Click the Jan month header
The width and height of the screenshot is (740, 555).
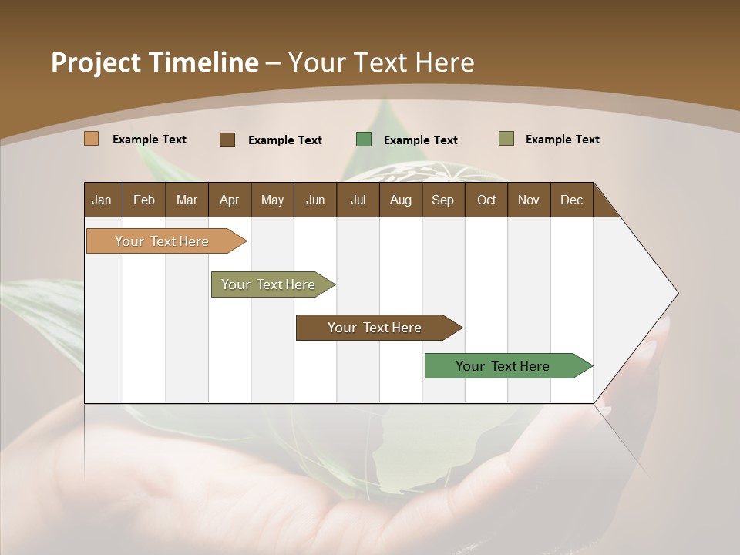tap(102, 200)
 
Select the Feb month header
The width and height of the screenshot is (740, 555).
tap(144, 200)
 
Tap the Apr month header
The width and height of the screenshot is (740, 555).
tap(229, 200)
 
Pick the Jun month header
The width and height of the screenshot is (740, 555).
tap(315, 200)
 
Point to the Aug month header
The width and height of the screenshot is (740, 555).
tap(400, 200)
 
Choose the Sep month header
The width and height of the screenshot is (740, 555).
tap(442, 200)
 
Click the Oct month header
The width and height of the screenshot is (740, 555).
tap(486, 200)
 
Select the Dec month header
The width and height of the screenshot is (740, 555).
tap(571, 200)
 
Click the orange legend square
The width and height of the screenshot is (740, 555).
tap(91, 139)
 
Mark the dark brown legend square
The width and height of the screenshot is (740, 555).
tap(227, 140)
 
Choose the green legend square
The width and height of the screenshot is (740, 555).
tap(364, 140)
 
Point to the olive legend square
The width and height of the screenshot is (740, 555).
tap(506, 139)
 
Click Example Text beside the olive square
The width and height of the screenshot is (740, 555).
tap(562, 140)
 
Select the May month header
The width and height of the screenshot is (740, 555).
tap(272, 200)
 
